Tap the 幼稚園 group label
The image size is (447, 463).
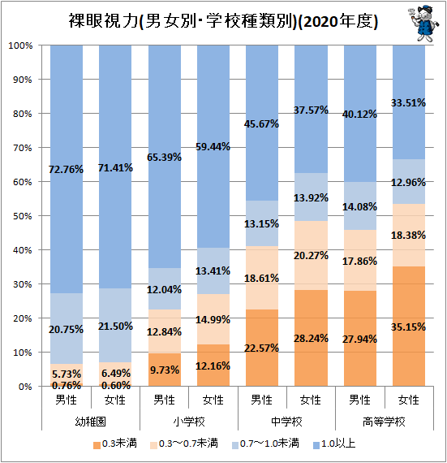(91, 422)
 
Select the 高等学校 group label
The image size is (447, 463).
(385, 422)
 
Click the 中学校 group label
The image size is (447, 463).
(287, 422)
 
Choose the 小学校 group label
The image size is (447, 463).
(189, 422)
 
